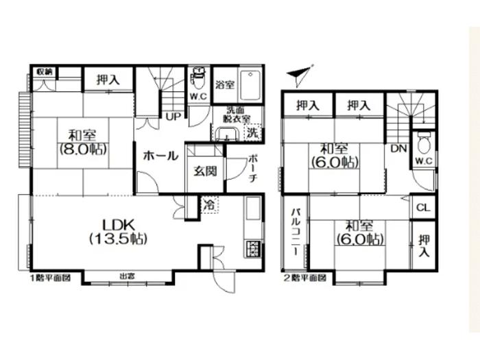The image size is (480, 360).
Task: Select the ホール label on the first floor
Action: (160, 156)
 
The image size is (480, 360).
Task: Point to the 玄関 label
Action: (205, 170)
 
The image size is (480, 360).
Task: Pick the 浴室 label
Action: (224, 86)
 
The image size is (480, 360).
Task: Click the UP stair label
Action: (172, 117)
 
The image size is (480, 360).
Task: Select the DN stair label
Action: (397, 147)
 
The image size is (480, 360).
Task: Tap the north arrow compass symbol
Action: (300, 74)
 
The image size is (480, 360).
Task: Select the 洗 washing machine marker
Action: (252, 133)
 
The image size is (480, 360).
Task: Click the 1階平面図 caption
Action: (50, 278)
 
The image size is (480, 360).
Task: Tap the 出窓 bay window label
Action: (127, 277)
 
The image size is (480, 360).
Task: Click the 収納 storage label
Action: (45, 71)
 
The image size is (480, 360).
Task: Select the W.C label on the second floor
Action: (423, 161)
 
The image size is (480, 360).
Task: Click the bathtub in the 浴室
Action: (251, 85)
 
